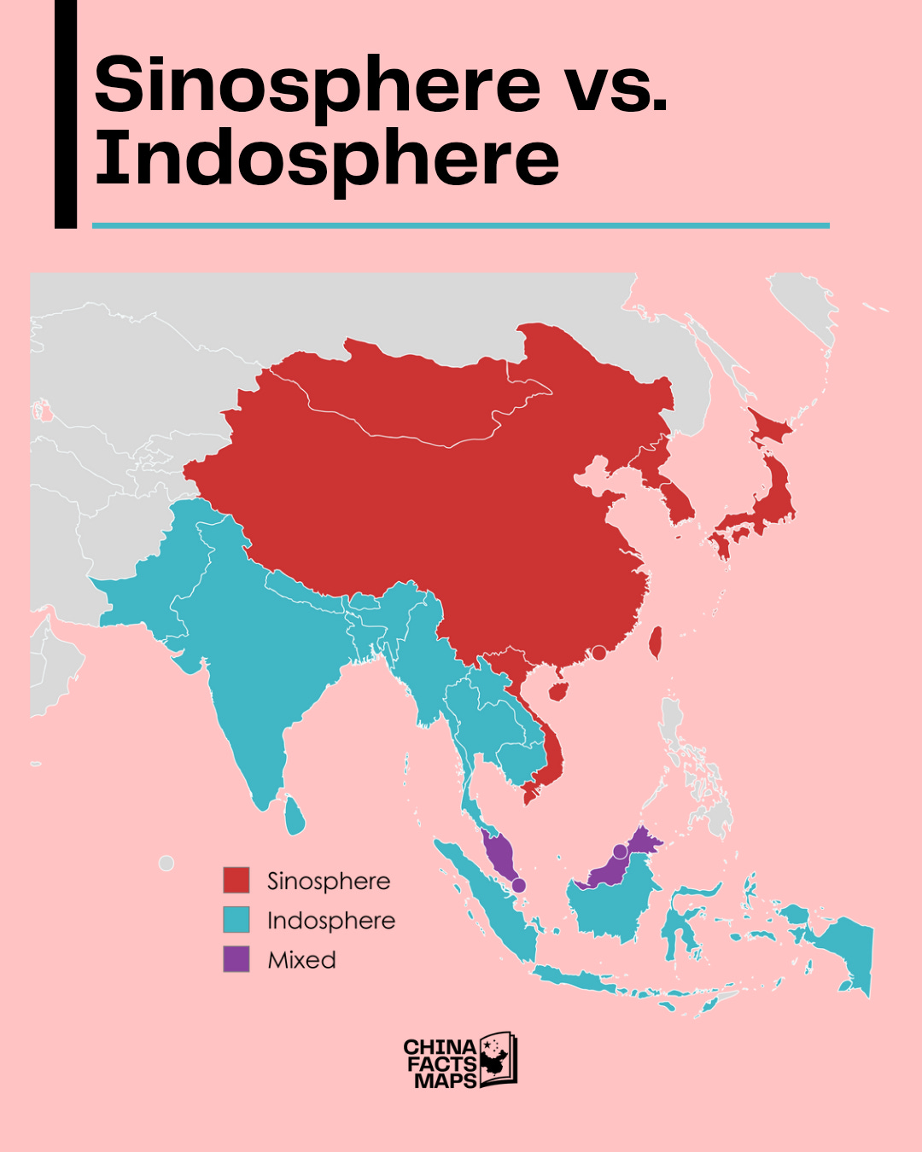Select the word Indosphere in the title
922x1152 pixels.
[327, 159]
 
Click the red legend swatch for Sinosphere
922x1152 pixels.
[236, 880]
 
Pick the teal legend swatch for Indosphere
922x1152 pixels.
[236, 920]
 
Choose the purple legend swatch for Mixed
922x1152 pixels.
[236, 959]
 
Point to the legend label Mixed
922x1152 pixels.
[301, 960]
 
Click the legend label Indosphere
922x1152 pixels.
[331, 921]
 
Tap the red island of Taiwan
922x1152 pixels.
[656, 643]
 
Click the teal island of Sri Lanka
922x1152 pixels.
[295, 816]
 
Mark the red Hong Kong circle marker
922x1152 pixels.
[598, 653]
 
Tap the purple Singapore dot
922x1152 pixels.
[518, 885]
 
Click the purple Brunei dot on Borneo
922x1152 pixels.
[620, 851]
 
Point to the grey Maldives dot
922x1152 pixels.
[166, 864]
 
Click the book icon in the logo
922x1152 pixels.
[499, 1060]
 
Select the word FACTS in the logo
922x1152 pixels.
[441, 1064]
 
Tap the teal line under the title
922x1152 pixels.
[461, 225]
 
